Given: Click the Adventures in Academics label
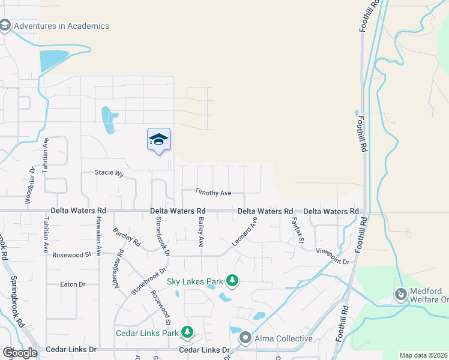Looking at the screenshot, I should (61, 26).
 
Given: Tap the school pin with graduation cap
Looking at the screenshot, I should (159, 140).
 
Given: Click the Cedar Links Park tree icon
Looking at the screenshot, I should (188, 332).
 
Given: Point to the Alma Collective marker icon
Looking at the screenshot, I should (245, 338).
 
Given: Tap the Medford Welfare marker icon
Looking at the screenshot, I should (400, 294).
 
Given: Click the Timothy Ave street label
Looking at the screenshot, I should (213, 193).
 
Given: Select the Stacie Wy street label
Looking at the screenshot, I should (109, 174).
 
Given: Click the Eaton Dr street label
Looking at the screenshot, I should (73, 284).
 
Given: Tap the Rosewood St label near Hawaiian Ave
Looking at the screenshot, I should (71, 255).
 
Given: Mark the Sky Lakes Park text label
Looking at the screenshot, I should (195, 280).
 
